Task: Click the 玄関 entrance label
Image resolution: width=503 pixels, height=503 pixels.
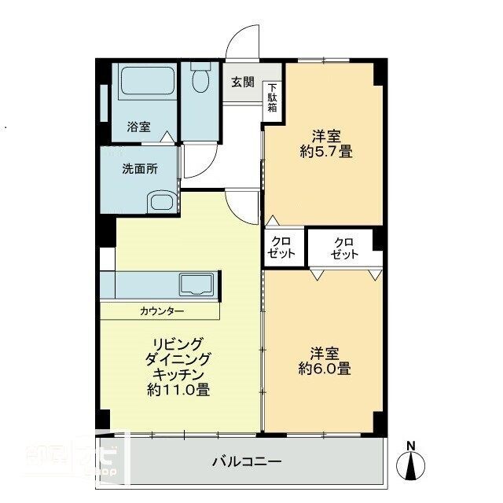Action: point(242,81)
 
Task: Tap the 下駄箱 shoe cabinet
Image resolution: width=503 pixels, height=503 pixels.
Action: point(272,97)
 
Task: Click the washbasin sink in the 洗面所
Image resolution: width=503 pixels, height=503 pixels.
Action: point(161,202)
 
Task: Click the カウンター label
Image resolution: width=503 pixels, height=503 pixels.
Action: point(162,311)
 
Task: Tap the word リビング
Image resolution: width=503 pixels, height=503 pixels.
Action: point(178,343)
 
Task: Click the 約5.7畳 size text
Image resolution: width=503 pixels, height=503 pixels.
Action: point(325,152)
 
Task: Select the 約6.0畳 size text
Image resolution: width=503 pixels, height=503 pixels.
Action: point(325,367)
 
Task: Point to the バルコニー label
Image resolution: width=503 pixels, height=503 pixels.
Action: point(246,460)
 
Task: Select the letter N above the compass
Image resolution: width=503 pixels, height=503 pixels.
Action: point(410,446)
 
